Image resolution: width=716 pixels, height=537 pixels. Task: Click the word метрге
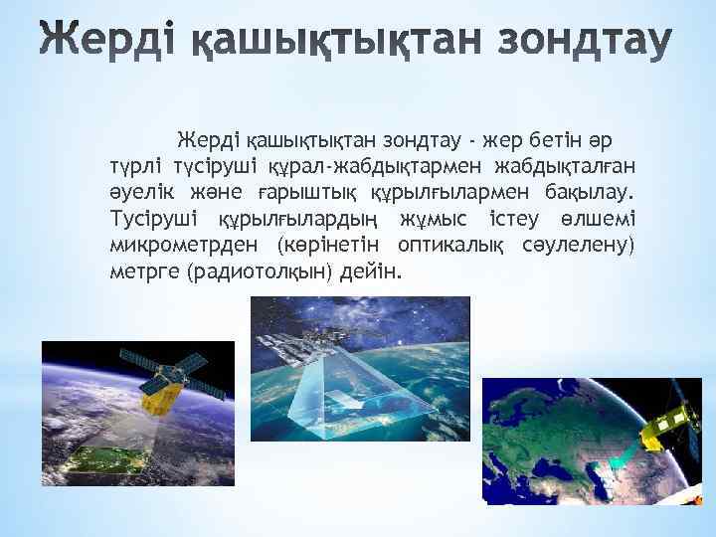(144, 270)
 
